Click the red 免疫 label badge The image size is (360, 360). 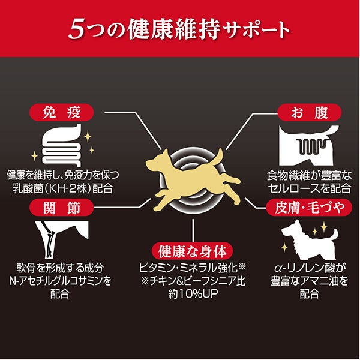(x=62, y=113)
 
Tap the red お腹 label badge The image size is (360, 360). (x=310, y=113)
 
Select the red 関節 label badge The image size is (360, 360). (x=62, y=208)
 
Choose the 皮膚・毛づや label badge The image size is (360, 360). (x=309, y=208)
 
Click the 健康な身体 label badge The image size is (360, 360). (x=193, y=251)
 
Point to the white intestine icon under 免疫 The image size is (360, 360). (x=62, y=146)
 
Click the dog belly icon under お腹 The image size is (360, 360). (x=309, y=146)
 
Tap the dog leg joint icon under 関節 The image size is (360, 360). (x=62, y=239)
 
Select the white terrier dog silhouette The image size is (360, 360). (x=310, y=240)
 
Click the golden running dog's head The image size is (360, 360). (x=158, y=162)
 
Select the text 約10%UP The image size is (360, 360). (x=193, y=293)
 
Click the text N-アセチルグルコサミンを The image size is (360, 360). (x=60, y=281)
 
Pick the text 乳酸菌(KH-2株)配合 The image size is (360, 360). (x=63, y=189)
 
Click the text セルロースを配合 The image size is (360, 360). (x=310, y=189)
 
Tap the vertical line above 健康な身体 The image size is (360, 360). (x=193, y=230)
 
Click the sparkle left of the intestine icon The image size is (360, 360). (x=34, y=156)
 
